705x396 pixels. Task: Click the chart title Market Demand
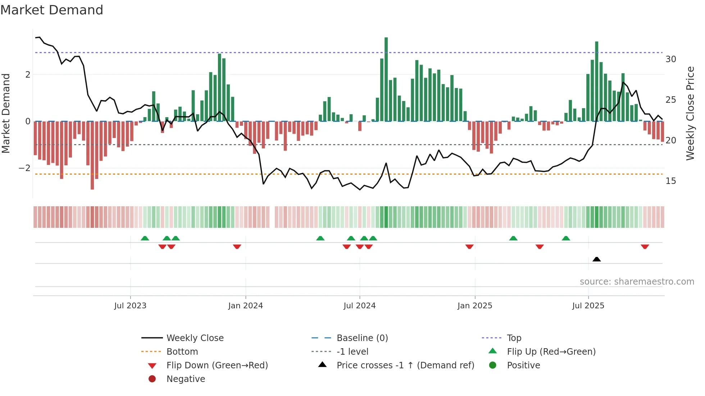52,10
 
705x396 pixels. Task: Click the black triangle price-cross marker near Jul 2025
596,259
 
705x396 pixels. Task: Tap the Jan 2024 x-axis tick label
245,306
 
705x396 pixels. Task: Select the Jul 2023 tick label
130,306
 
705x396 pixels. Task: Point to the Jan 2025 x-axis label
474,306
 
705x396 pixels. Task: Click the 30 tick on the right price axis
670,59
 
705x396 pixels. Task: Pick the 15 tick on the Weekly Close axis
670,181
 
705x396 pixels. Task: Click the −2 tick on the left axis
24,168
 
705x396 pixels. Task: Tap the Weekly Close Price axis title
690,113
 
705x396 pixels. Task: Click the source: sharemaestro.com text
637,282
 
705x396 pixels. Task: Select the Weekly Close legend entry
195,338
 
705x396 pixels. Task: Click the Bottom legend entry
182,352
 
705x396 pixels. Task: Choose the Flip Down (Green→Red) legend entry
217,365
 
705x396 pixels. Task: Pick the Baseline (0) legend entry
362,338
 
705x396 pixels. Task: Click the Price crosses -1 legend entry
405,365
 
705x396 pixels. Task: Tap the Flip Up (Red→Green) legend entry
551,352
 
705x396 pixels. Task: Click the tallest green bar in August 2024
386,79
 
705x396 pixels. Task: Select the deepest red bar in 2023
92,155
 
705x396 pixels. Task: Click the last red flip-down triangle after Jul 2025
645,247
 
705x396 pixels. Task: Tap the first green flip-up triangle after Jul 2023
145,238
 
